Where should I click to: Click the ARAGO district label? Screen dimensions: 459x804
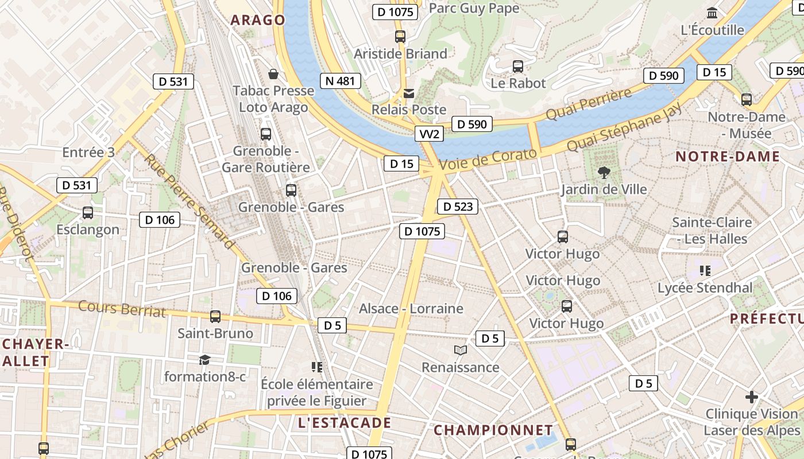258,20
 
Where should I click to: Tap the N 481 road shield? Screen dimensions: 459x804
340,81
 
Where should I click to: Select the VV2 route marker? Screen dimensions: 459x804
430,134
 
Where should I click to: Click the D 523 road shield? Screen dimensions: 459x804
458,207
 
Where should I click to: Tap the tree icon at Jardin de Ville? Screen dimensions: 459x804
604,172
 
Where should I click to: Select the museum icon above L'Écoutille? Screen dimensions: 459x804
712,13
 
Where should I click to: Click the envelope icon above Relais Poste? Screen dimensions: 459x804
409,93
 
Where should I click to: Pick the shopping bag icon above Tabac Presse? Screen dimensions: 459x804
273,74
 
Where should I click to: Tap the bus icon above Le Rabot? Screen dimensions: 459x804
518,67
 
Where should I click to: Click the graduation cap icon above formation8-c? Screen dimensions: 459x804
204,360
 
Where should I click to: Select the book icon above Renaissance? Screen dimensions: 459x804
460,350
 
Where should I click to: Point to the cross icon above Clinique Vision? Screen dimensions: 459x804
751,396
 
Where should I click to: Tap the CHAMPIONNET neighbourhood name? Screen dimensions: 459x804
493,430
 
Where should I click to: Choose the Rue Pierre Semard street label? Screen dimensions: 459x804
190,201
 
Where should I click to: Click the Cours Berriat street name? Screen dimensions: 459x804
122,309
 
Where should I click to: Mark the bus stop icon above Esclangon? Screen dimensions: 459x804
88,212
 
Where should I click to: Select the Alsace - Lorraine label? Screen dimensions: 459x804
411,309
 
